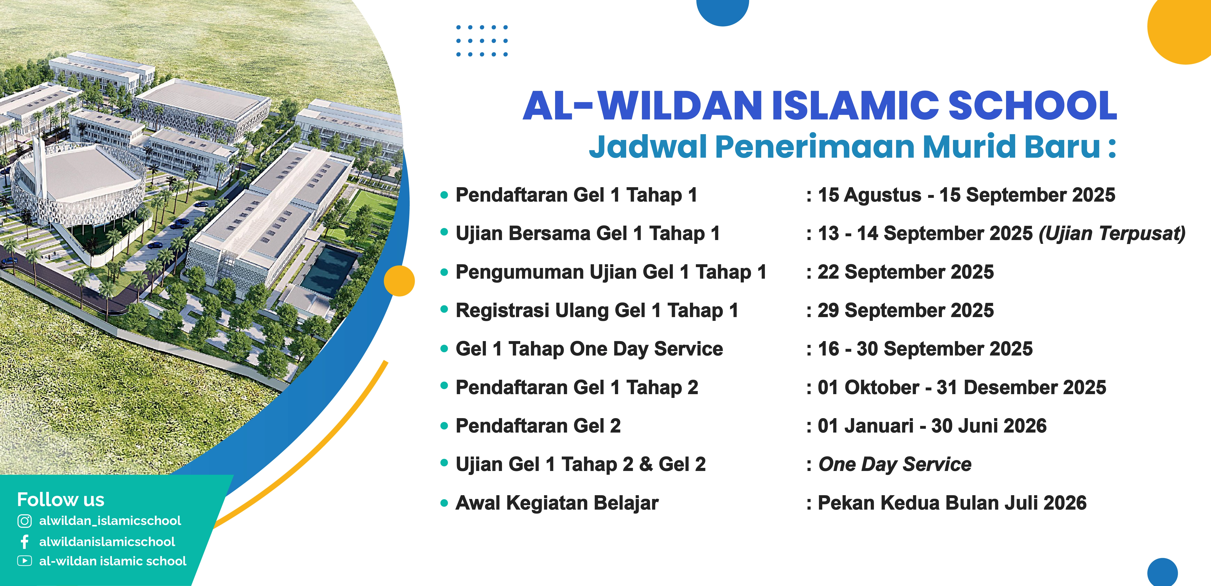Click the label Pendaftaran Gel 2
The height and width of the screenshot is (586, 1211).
(538, 426)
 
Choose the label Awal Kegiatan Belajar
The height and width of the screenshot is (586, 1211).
(557, 503)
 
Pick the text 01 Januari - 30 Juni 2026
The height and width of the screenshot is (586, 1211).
(932, 426)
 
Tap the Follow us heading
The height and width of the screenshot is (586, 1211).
(61, 499)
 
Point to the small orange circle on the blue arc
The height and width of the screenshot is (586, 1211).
(399, 281)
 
